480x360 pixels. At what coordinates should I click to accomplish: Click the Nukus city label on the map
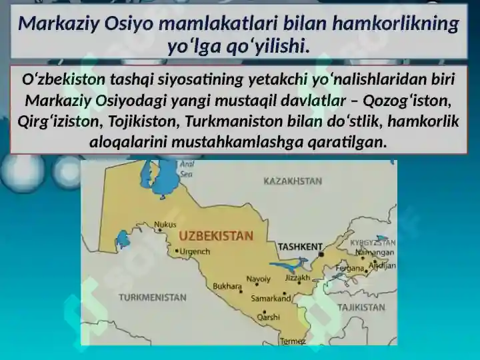pos(165,225)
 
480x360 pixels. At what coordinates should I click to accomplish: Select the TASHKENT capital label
pos(300,247)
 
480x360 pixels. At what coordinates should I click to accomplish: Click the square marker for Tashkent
pos(321,255)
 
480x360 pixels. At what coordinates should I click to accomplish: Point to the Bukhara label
pos(227,286)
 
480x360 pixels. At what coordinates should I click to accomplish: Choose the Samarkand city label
pos(271,298)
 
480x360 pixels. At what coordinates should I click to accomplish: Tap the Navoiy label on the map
pos(259,279)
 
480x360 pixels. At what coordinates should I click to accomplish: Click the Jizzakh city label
pos(297,277)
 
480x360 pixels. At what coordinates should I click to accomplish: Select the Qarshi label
pos(268,317)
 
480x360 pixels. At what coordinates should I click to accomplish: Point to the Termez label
pos(293,341)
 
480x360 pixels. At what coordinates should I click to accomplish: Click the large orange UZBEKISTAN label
pos(216,236)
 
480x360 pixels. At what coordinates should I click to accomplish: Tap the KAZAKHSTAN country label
pos(293,181)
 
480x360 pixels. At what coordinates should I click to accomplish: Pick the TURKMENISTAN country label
pos(153,297)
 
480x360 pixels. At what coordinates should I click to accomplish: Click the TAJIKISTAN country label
pos(361,307)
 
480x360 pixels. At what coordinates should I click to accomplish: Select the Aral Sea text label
pos(187,169)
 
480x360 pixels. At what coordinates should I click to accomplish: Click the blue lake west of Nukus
pos(123,239)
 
